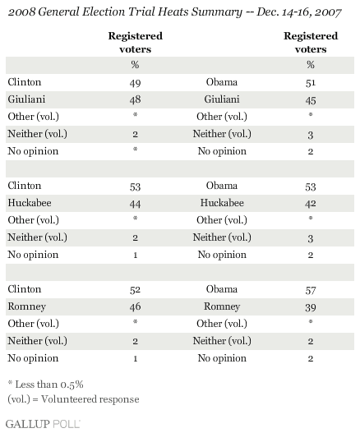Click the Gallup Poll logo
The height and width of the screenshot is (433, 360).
click(x=43, y=424)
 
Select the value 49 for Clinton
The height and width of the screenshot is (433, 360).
click(x=135, y=83)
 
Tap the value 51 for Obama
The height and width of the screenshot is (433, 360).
click(x=311, y=83)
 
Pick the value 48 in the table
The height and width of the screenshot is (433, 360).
click(x=135, y=99)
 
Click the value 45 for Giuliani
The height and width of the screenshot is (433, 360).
click(x=311, y=100)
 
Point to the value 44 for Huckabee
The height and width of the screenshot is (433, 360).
click(x=135, y=204)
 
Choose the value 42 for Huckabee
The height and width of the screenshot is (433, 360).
click(x=311, y=204)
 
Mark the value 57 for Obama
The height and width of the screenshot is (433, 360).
click(x=311, y=290)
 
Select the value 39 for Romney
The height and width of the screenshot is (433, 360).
click(x=311, y=307)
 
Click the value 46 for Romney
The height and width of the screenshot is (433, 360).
click(x=135, y=306)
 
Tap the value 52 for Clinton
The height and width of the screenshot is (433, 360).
click(x=135, y=290)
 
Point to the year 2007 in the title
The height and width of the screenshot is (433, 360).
click(x=327, y=12)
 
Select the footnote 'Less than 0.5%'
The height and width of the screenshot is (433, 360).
click(x=46, y=385)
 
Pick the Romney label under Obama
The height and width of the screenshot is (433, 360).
click(x=222, y=306)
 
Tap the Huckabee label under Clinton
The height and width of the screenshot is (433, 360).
click(x=30, y=203)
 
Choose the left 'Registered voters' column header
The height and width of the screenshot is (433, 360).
click(x=135, y=42)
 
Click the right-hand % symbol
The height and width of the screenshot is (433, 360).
click(x=311, y=65)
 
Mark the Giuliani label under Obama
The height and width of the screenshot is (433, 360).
click(x=222, y=99)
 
